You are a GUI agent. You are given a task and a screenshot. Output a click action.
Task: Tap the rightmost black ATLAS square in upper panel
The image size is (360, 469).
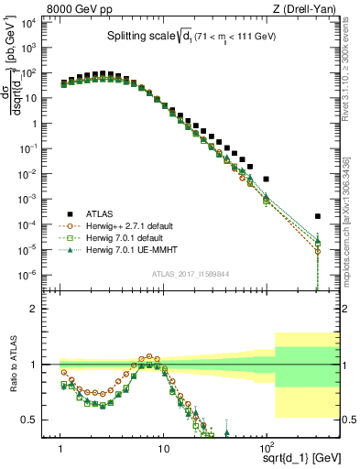(317, 217)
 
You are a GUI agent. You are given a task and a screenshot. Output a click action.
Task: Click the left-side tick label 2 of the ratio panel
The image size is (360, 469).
(43, 309)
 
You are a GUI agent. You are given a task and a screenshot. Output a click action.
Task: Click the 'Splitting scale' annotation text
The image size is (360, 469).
(135, 37)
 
